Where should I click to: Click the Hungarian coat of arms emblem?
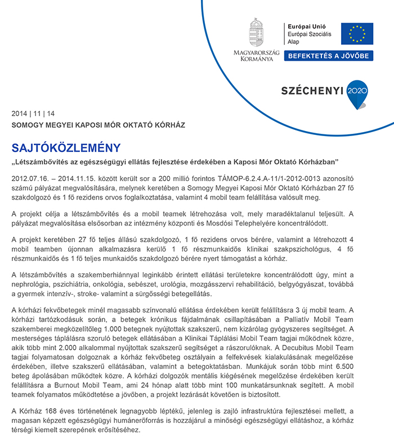(257, 32)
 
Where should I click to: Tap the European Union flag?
(357, 34)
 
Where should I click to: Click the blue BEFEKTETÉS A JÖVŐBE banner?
(329, 56)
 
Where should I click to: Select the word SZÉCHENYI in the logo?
(313, 91)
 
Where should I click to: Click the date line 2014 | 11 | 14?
(33, 113)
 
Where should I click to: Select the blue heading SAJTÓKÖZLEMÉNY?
(66, 148)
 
